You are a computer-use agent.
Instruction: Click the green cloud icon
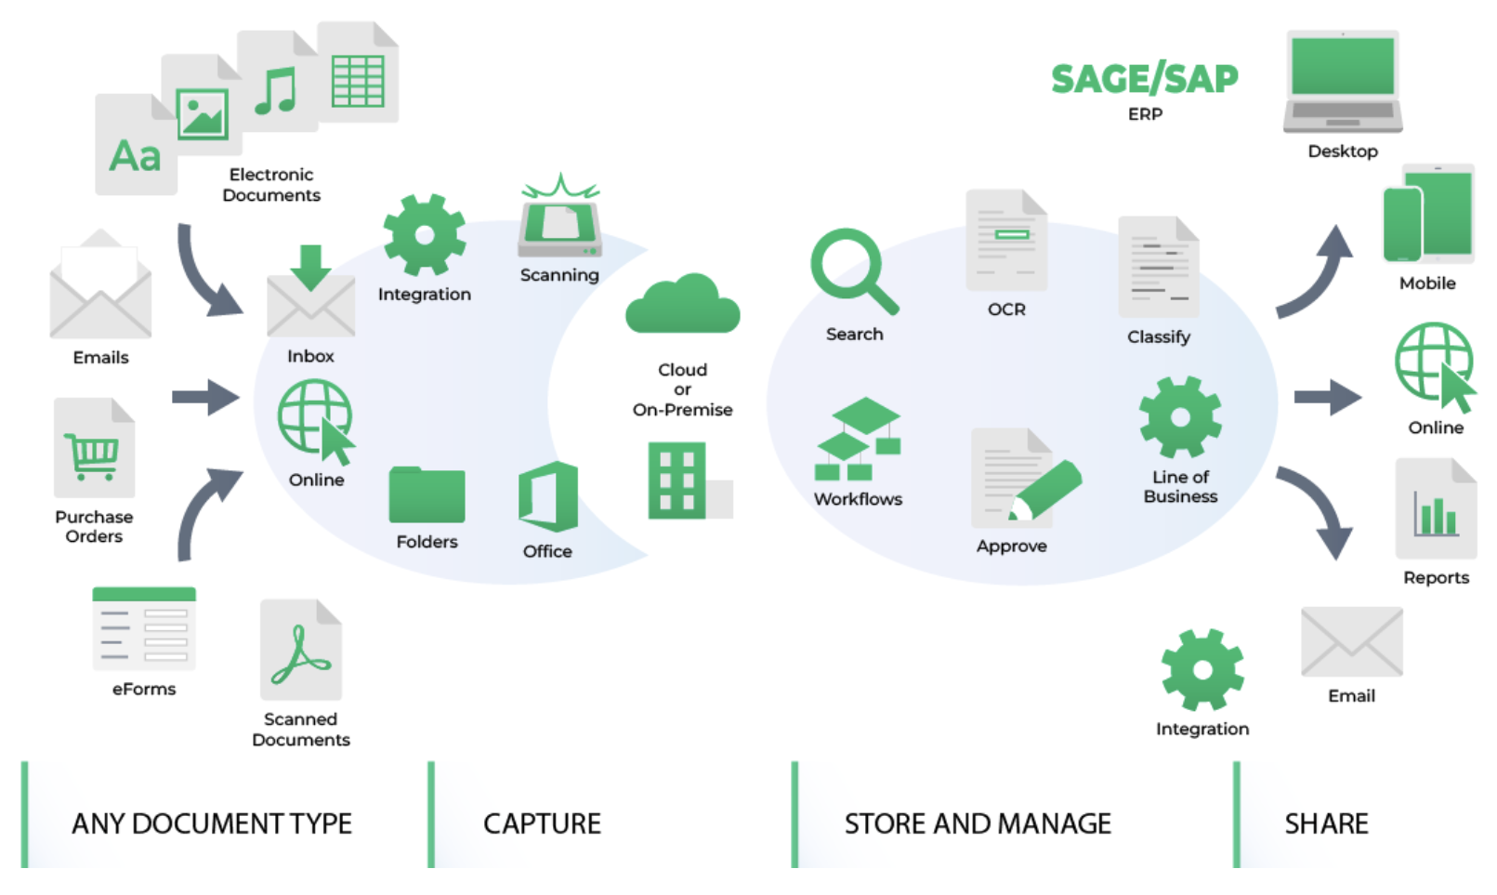point(682,307)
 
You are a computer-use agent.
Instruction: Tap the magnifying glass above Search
point(848,268)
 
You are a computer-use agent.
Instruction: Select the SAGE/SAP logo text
point(1144,79)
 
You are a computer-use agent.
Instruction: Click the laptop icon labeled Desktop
point(1343,83)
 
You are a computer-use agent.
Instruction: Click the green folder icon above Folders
point(427,495)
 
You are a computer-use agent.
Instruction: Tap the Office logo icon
point(548,497)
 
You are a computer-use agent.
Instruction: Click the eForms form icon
point(144,629)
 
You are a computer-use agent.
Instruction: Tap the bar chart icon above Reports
point(1436,511)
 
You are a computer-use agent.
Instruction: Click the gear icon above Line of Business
point(1180,417)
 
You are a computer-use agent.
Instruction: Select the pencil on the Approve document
point(1048,489)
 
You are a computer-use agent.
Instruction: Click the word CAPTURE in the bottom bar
point(542,823)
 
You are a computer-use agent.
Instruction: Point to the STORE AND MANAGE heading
point(978,823)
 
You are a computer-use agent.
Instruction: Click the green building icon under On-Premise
point(677,480)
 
